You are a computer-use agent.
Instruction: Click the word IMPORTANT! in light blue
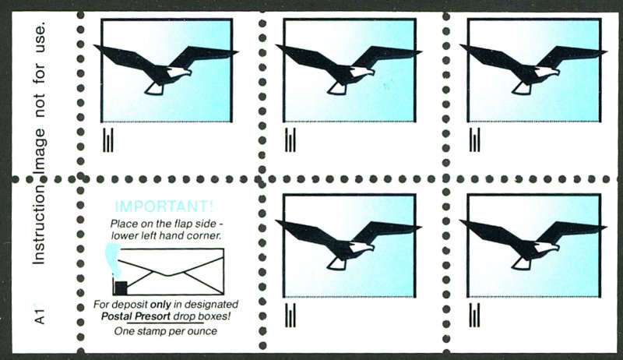point(164,206)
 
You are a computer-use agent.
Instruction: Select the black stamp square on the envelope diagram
point(121,288)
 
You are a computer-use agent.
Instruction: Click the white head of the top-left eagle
point(179,72)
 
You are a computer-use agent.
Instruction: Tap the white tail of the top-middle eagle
point(336,89)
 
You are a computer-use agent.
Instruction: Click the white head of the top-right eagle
point(547,72)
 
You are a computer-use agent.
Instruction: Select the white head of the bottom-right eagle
point(547,247)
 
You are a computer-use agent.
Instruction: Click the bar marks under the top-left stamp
point(108,139)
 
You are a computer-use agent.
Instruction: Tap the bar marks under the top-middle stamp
point(290,139)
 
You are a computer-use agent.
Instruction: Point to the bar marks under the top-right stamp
point(474,139)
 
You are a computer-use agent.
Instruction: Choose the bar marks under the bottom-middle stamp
point(290,315)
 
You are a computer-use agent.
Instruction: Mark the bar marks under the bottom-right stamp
point(474,315)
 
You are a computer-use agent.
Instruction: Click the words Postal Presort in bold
point(136,316)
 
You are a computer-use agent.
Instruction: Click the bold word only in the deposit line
point(160,305)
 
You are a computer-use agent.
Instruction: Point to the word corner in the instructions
point(205,235)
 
